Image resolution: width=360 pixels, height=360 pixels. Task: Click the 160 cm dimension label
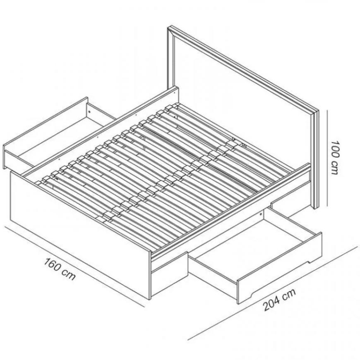(60, 269)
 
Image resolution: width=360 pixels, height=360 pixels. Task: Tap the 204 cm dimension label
(279, 300)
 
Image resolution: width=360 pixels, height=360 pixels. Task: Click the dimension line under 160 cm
(74, 266)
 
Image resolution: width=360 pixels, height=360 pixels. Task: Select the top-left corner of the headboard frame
(168, 27)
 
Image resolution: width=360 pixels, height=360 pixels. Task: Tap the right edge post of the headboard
(317, 159)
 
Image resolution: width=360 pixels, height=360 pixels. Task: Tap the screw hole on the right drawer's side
(261, 214)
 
